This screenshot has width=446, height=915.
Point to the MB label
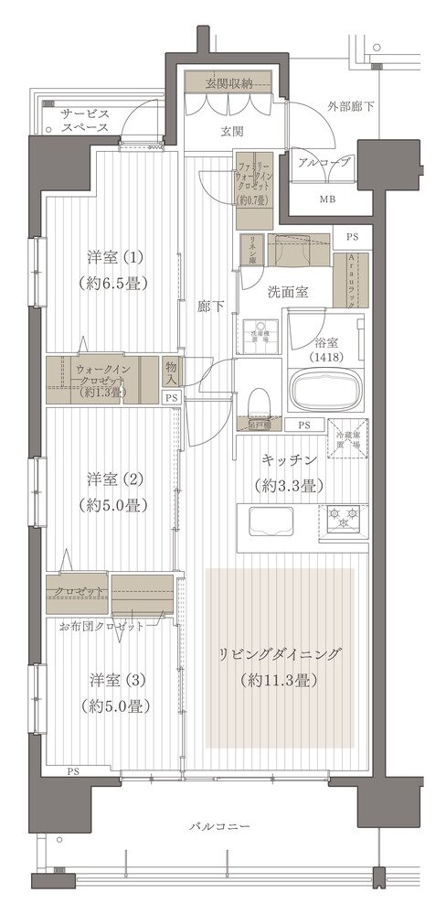(326, 199)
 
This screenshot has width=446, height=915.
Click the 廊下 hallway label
(209, 308)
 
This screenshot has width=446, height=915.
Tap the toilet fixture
(258, 399)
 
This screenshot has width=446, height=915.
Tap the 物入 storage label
(171, 372)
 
